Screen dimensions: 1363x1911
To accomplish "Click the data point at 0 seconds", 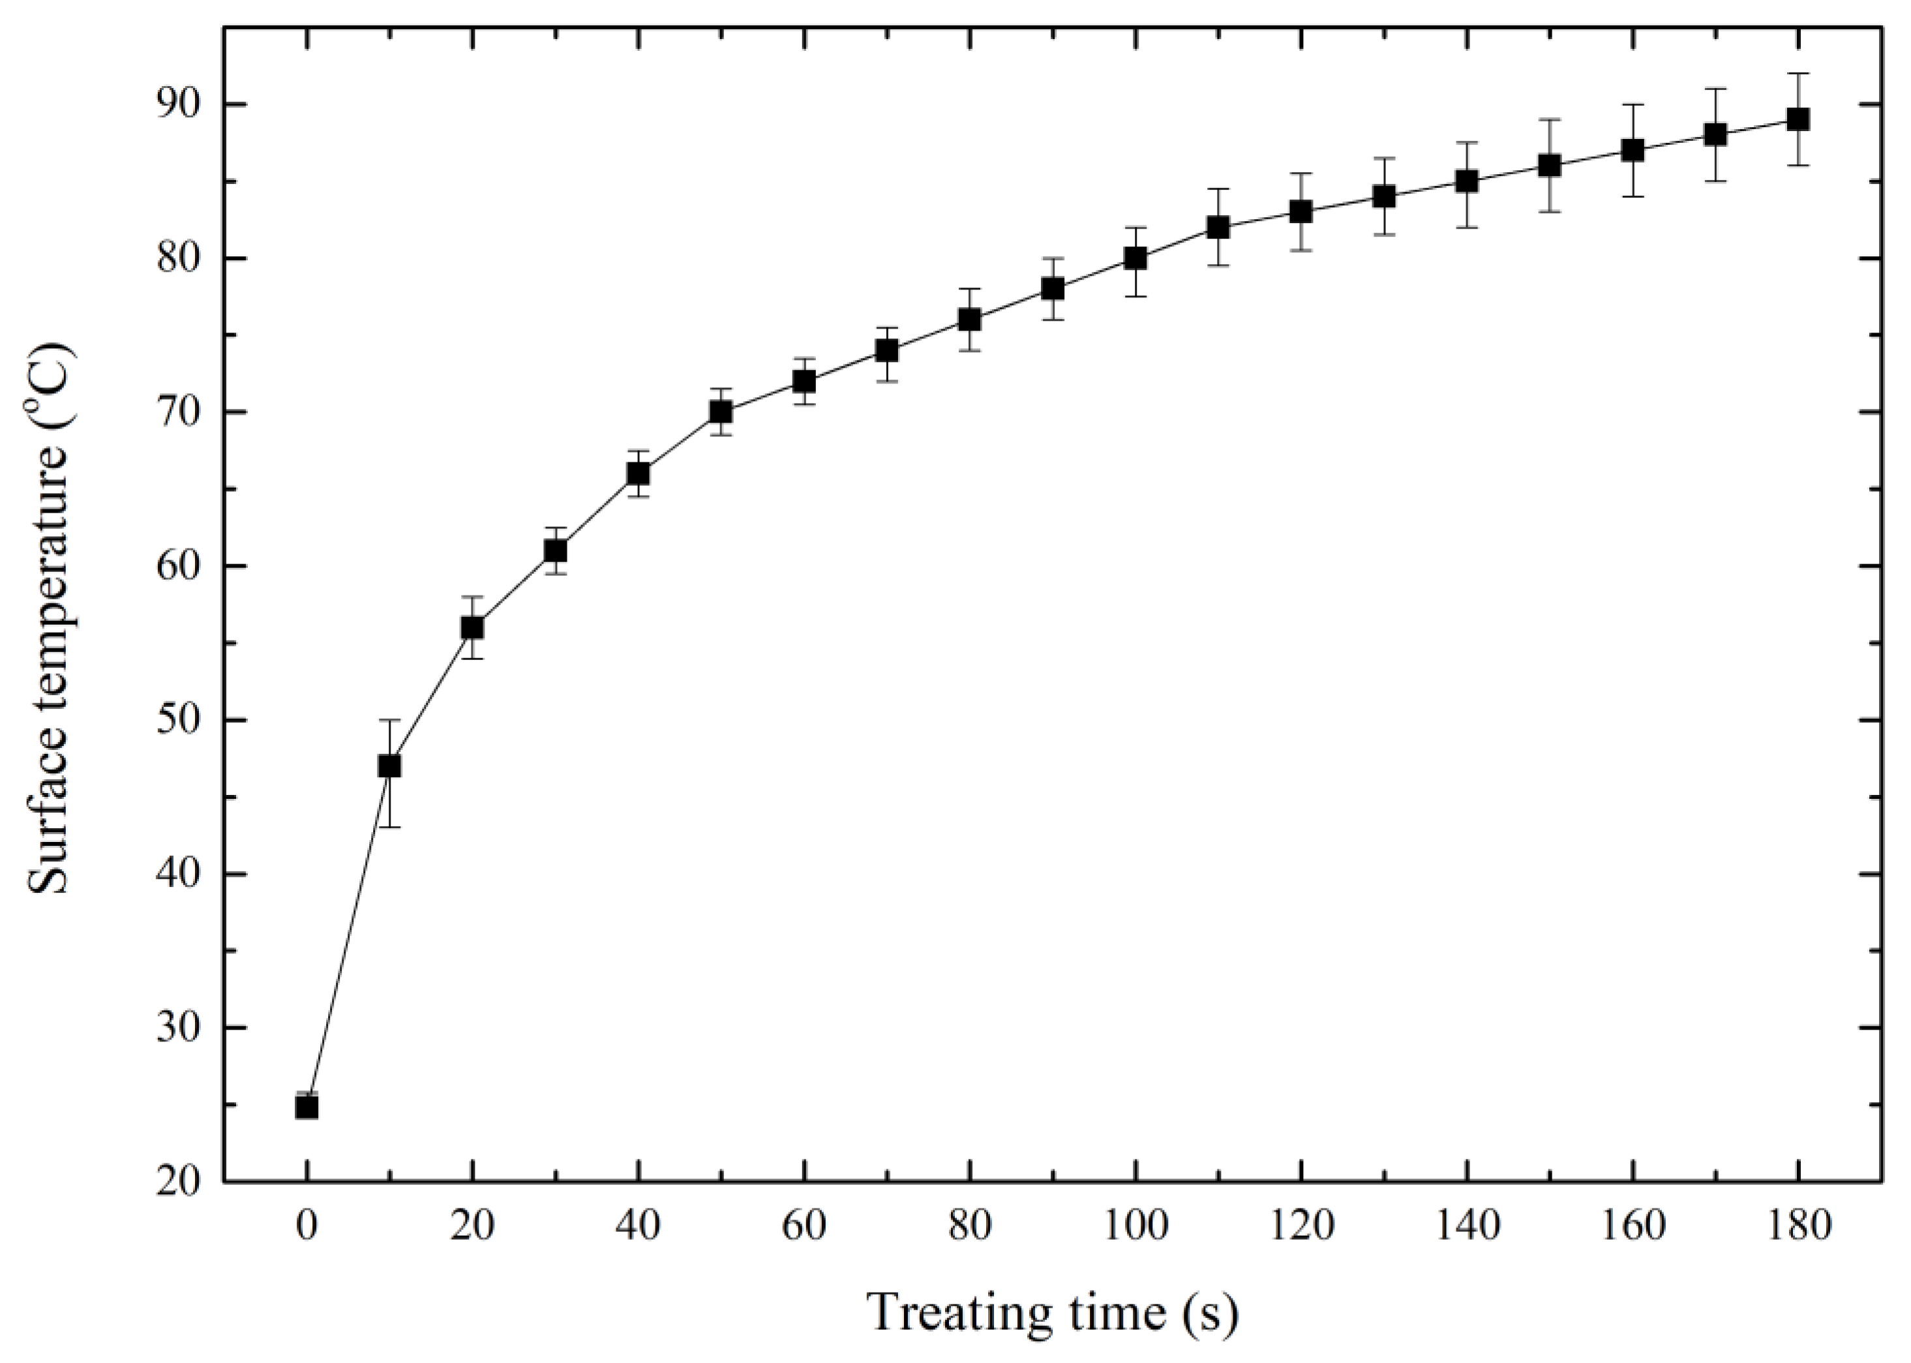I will point(307,1107).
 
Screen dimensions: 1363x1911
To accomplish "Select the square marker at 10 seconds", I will point(389,766).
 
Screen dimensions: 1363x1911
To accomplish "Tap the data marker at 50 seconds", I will point(721,412).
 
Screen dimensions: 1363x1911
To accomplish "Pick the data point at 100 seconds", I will point(1136,258).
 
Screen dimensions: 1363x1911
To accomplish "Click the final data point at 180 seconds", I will point(1798,119).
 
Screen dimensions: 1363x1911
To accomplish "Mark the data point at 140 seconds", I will point(1466,181).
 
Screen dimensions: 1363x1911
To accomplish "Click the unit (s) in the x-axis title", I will point(1209,1311).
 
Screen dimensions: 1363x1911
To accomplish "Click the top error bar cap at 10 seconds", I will point(389,720).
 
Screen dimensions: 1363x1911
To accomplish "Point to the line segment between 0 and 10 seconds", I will point(348,936).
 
